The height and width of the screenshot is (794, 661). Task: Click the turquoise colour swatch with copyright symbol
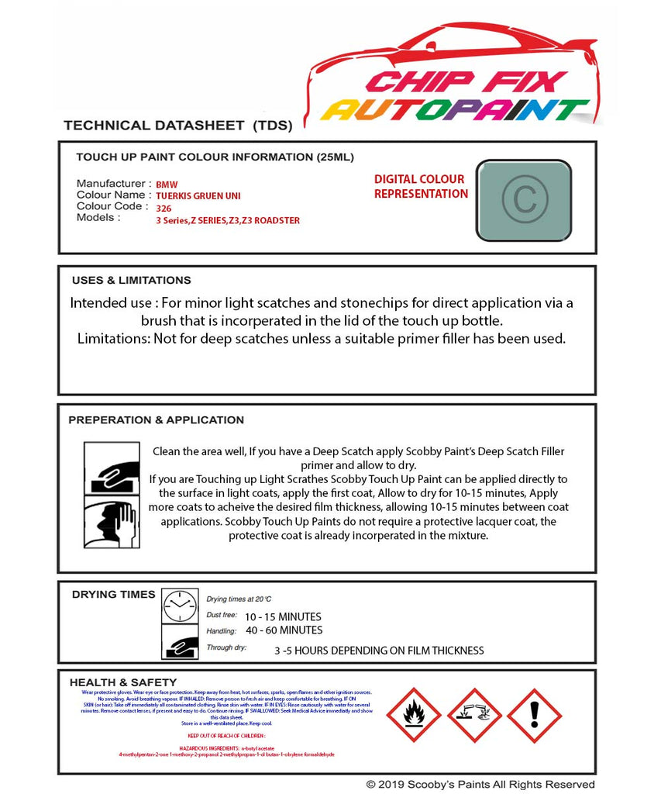tap(523, 200)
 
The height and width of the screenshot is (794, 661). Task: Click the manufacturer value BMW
tap(167, 185)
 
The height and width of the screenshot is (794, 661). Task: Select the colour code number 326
tap(164, 209)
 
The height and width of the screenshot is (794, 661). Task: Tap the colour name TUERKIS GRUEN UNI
tap(198, 197)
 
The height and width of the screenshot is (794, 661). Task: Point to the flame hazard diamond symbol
tap(413, 715)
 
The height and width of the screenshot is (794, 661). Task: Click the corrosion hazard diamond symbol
tap(473, 715)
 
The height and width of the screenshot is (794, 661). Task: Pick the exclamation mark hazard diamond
tap(534, 715)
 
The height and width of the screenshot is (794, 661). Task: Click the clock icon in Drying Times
tap(180, 606)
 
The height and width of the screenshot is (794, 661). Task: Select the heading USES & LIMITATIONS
tap(131, 281)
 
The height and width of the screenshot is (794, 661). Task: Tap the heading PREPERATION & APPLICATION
tap(156, 420)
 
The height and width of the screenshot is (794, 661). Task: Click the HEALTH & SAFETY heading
tap(123, 682)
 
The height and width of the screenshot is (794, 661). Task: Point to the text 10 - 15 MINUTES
tap(283, 617)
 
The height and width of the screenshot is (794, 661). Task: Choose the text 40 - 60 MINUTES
tap(284, 630)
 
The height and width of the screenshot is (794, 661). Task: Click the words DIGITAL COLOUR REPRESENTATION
tap(421, 187)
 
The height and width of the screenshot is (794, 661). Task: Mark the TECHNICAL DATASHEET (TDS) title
tap(177, 126)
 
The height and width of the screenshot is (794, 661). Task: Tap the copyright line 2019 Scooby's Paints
tap(480, 785)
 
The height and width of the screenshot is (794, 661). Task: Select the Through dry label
tap(226, 647)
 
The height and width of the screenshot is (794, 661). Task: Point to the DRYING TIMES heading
tap(113, 595)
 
